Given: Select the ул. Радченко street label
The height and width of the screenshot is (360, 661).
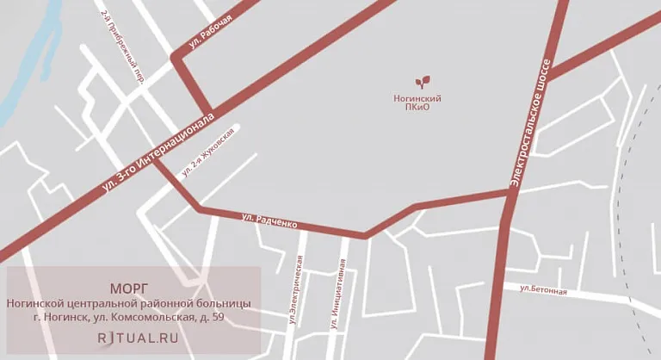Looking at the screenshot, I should point(269,220).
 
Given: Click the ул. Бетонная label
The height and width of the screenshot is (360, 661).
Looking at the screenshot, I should point(544,289).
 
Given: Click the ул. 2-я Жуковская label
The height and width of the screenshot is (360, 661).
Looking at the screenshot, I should point(207,153).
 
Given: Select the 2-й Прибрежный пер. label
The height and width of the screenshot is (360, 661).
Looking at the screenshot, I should point(121,47).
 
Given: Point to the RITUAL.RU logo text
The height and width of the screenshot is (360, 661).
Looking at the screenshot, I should point(138,338).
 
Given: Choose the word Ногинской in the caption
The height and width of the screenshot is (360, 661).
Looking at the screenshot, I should point(35,303).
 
